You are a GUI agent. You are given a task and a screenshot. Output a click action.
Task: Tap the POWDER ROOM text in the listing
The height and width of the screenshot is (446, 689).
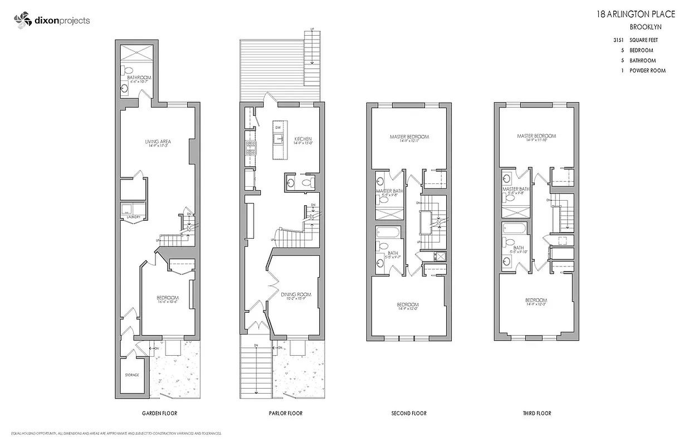point(647,71)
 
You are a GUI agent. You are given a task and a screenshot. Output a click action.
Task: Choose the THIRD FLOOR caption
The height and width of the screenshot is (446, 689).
point(537,414)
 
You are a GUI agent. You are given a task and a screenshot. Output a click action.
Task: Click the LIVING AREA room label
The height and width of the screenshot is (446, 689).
point(158,142)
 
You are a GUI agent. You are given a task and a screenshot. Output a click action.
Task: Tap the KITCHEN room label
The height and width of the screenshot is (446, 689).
point(303,139)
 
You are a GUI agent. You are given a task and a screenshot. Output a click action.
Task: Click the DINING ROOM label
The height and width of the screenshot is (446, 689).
point(296,294)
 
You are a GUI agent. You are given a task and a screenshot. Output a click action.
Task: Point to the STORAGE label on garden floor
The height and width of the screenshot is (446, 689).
point(131,375)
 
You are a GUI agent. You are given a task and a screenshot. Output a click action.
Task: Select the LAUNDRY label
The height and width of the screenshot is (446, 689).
point(133,217)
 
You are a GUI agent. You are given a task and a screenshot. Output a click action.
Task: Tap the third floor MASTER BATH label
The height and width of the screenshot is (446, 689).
point(516,189)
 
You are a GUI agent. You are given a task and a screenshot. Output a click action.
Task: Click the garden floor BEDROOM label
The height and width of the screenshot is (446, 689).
point(167,297)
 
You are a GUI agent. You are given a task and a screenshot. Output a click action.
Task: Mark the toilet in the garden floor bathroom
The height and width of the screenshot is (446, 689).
point(127,71)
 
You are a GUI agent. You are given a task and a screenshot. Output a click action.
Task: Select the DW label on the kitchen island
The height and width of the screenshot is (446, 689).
point(277,128)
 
